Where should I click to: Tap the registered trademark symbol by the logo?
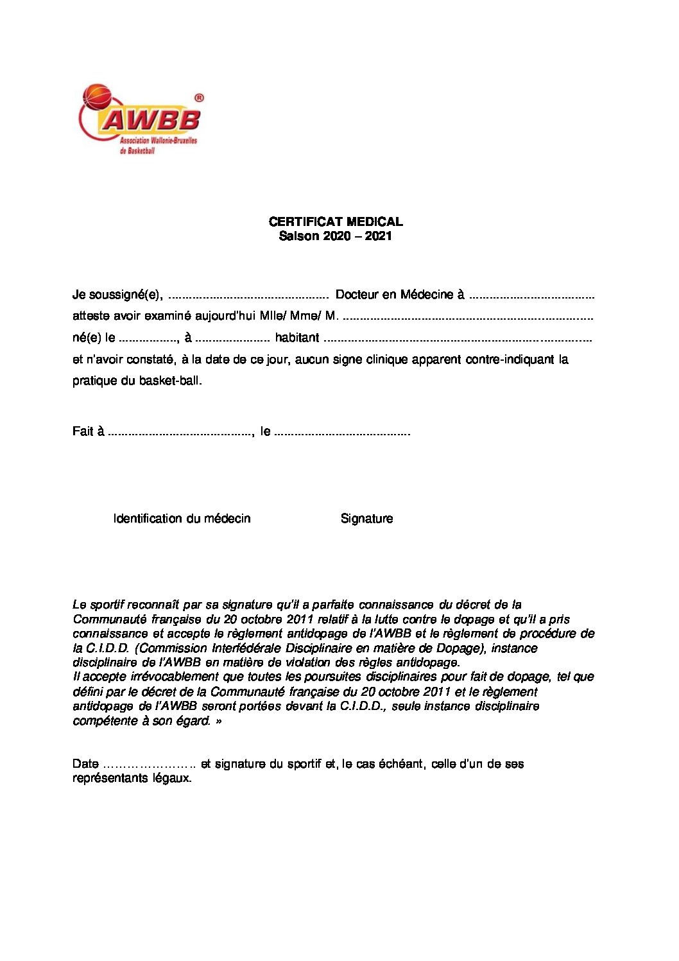[x=198, y=98]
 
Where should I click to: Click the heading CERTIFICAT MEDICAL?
[x=336, y=221]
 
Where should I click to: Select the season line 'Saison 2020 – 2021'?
[x=335, y=236]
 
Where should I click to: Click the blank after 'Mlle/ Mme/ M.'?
[x=468, y=317]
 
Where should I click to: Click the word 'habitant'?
[x=297, y=338]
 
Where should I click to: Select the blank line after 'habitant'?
[x=458, y=339]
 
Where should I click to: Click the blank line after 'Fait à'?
[x=180, y=433]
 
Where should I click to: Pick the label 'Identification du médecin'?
[x=182, y=519]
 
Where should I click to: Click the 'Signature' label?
[x=366, y=519]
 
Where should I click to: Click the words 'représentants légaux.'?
[x=132, y=778]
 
